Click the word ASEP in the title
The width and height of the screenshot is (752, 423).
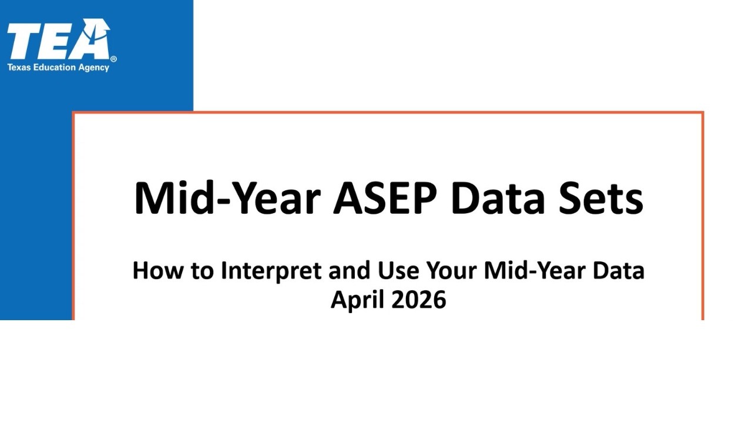385,198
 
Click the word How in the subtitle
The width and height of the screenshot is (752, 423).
153,271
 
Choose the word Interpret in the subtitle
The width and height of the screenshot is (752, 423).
270,271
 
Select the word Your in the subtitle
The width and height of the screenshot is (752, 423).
452,271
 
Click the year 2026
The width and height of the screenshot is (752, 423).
418,300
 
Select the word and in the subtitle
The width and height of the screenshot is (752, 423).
349,271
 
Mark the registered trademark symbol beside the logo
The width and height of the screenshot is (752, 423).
113,59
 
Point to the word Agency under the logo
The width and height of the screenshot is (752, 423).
94,68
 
